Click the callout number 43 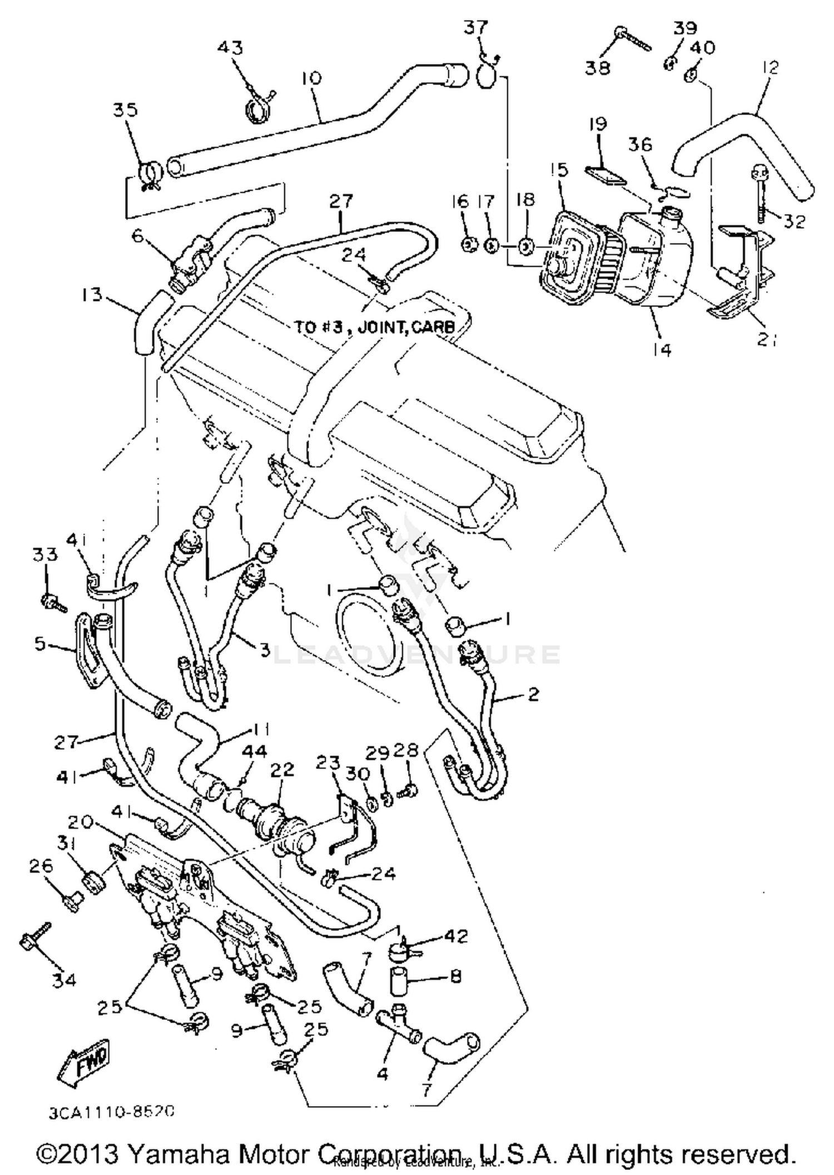click(230, 48)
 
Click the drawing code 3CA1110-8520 click(112, 1111)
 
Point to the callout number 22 click(281, 770)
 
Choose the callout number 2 click(533, 693)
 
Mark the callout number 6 click(137, 236)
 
